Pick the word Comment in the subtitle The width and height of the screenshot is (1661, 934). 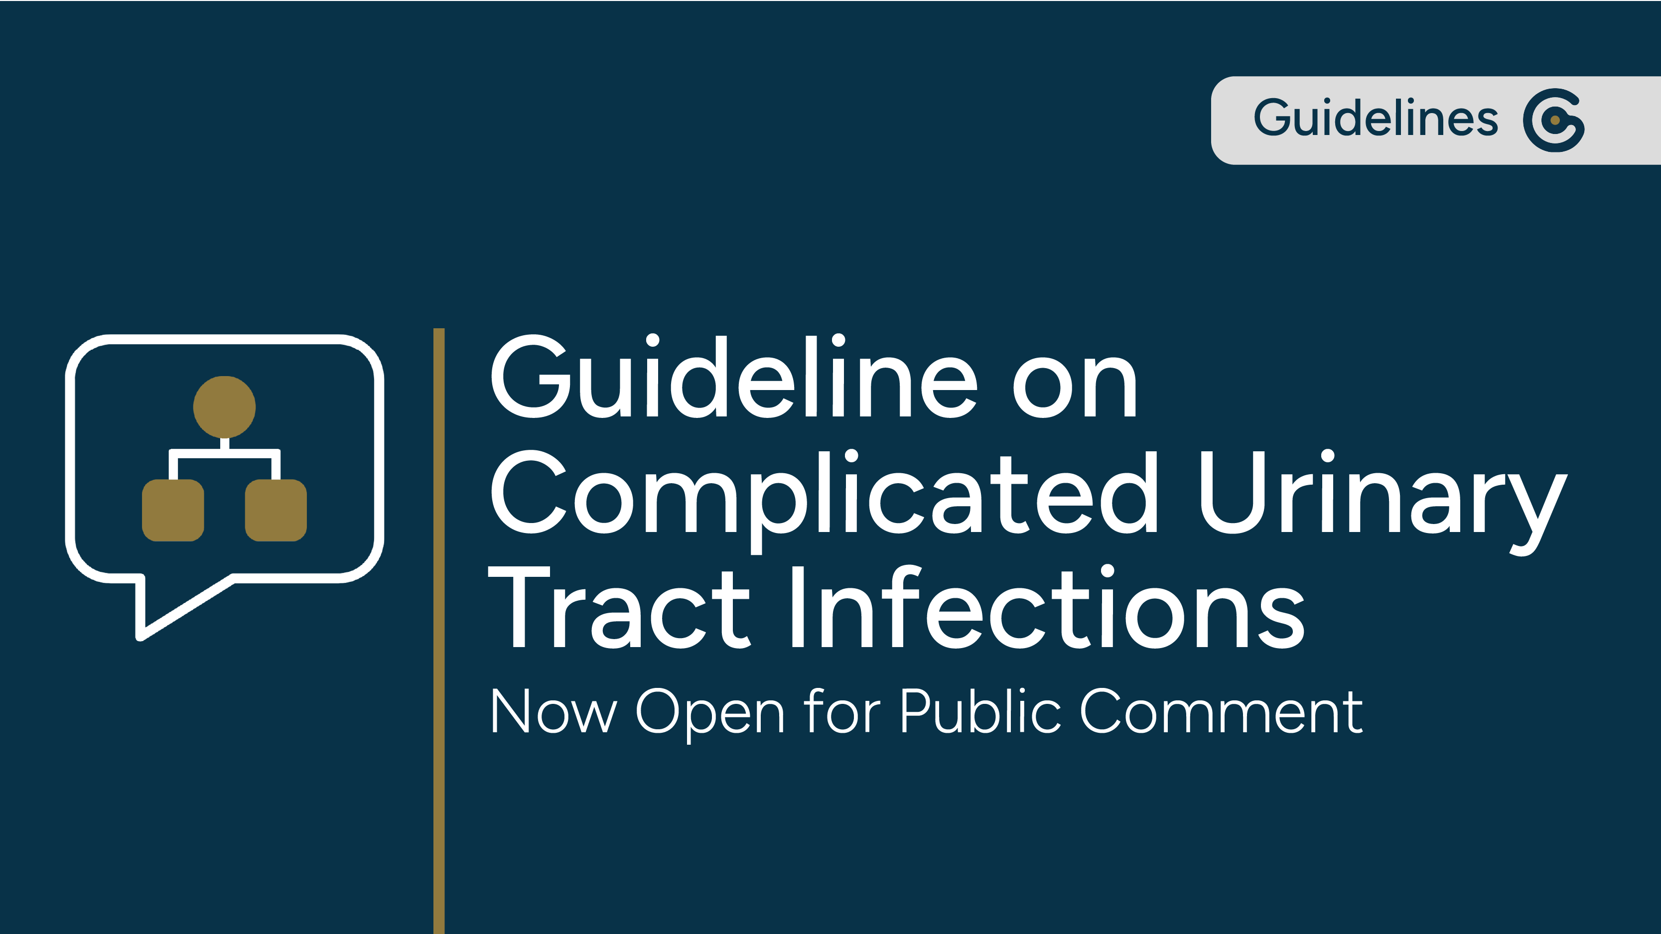tap(1221, 710)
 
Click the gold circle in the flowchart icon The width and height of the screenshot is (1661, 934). tap(224, 407)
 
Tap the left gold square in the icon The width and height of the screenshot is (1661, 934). tap(173, 510)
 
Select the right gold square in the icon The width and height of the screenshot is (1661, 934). tap(276, 510)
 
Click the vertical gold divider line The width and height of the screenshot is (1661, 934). tap(439, 631)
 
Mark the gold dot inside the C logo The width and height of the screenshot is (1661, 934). tap(1554, 120)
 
